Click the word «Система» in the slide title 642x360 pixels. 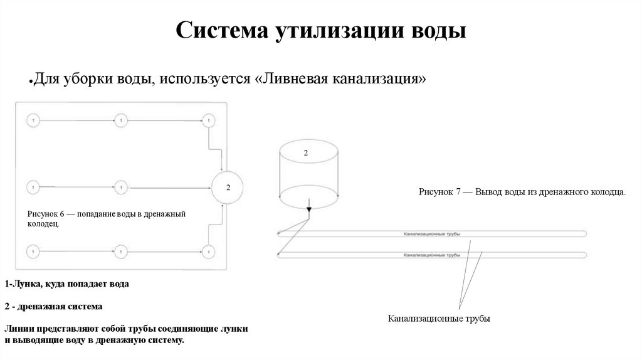pos(219,29)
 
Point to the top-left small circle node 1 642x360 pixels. pos(33,119)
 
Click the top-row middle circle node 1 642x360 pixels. pos(120,119)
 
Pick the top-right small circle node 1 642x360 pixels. pos(208,119)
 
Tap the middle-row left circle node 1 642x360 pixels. pos(33,187)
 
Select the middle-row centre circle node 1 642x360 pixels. pos(120,187)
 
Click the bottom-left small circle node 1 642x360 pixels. pos(33,251)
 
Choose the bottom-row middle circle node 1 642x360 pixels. pos(120,251)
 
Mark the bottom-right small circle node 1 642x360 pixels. pos(208,251)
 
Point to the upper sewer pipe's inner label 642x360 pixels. pos(432,234)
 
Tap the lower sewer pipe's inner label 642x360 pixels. pos(432,255)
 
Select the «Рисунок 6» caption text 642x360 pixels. pos(107,218)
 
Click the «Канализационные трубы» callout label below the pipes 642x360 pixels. pos(439,319)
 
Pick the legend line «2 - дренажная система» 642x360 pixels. pos(53,307)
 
